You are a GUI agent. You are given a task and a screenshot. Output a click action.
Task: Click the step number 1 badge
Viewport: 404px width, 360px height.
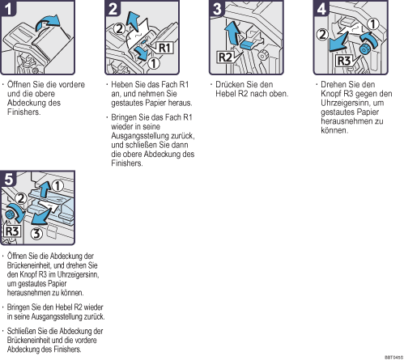[x=8, y=8]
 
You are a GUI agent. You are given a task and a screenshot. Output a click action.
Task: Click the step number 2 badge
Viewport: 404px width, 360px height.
[x=113, y=8]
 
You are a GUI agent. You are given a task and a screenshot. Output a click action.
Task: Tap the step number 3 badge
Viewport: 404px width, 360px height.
[x=216, y=8]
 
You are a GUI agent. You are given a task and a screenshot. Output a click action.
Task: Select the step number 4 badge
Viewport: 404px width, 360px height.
[x=321, y=8]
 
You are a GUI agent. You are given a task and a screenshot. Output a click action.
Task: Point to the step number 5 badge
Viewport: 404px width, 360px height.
[x=8, y=179]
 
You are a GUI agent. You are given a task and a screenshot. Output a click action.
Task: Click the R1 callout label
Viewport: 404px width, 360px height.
[x=164, y=48]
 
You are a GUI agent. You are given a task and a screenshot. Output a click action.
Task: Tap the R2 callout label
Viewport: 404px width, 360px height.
[x=225, y=57]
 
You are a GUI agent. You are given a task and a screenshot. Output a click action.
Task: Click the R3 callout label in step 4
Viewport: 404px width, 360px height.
[x=344, y=61]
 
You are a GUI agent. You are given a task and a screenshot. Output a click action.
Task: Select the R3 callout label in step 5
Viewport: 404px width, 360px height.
[x=12, y=231]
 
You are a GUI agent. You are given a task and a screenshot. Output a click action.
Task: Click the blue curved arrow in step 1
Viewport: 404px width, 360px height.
[x=48, y=22]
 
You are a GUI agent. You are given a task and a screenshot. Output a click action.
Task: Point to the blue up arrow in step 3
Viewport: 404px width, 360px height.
[x=232, y=32]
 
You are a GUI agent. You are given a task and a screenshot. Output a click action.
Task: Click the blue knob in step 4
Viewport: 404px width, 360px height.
[x=364, y=49]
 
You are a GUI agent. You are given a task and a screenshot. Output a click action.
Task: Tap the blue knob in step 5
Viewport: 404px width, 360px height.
[x=10, y=214]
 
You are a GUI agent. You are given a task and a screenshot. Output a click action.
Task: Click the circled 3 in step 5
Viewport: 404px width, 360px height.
[x=36, y=234]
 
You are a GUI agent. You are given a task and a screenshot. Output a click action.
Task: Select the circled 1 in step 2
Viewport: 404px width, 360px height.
[x=154, y=63]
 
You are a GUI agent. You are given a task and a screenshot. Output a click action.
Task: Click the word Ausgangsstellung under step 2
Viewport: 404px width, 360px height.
[x=135, y=136]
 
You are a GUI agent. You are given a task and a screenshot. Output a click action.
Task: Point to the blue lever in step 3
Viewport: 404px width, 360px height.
[x=247, y=44]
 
